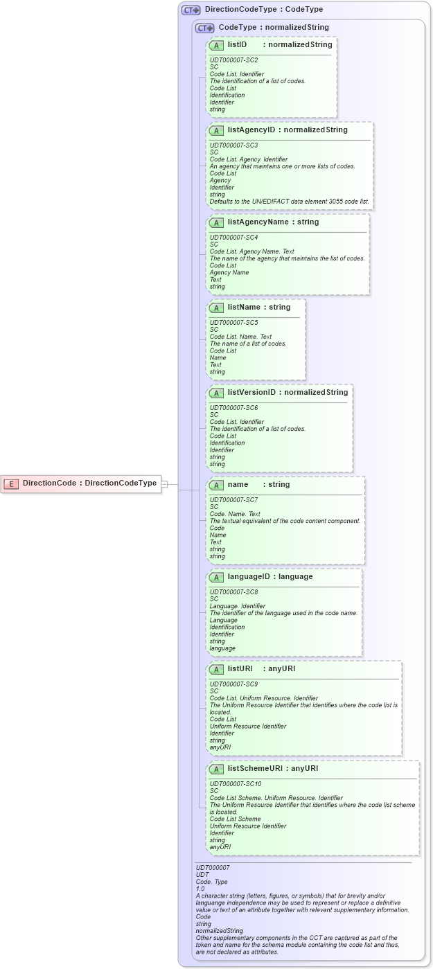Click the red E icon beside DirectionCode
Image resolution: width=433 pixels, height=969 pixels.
(x=10, y=483)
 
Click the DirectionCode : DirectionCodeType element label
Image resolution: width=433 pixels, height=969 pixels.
(x=89, y=483)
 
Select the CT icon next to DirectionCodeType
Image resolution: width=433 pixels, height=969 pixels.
(x=191, y=10)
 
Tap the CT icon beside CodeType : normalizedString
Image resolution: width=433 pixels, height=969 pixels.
(x=204, y=28)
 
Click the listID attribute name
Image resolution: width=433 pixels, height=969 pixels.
(x=237, y=45)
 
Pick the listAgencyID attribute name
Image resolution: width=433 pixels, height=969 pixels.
(x=251, y=130)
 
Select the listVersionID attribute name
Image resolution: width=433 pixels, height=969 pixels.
(x=251, y=393)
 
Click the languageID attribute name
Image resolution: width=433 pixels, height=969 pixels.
(x=249, y=577)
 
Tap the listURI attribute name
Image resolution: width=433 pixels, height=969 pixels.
(x=239, y=669)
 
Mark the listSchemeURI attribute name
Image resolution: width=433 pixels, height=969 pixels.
(x=256, y=768)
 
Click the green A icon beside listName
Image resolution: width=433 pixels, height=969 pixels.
(x=216, y=308)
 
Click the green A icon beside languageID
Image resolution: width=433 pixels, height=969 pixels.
(x=216, y=577)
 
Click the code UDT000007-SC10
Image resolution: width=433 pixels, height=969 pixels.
(x=236, y=784)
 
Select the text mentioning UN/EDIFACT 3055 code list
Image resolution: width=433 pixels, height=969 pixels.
(x=290, y=202)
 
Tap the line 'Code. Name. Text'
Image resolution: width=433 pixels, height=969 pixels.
(x=235, y=514)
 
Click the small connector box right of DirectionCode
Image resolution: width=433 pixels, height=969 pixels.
(x=165, y=484)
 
